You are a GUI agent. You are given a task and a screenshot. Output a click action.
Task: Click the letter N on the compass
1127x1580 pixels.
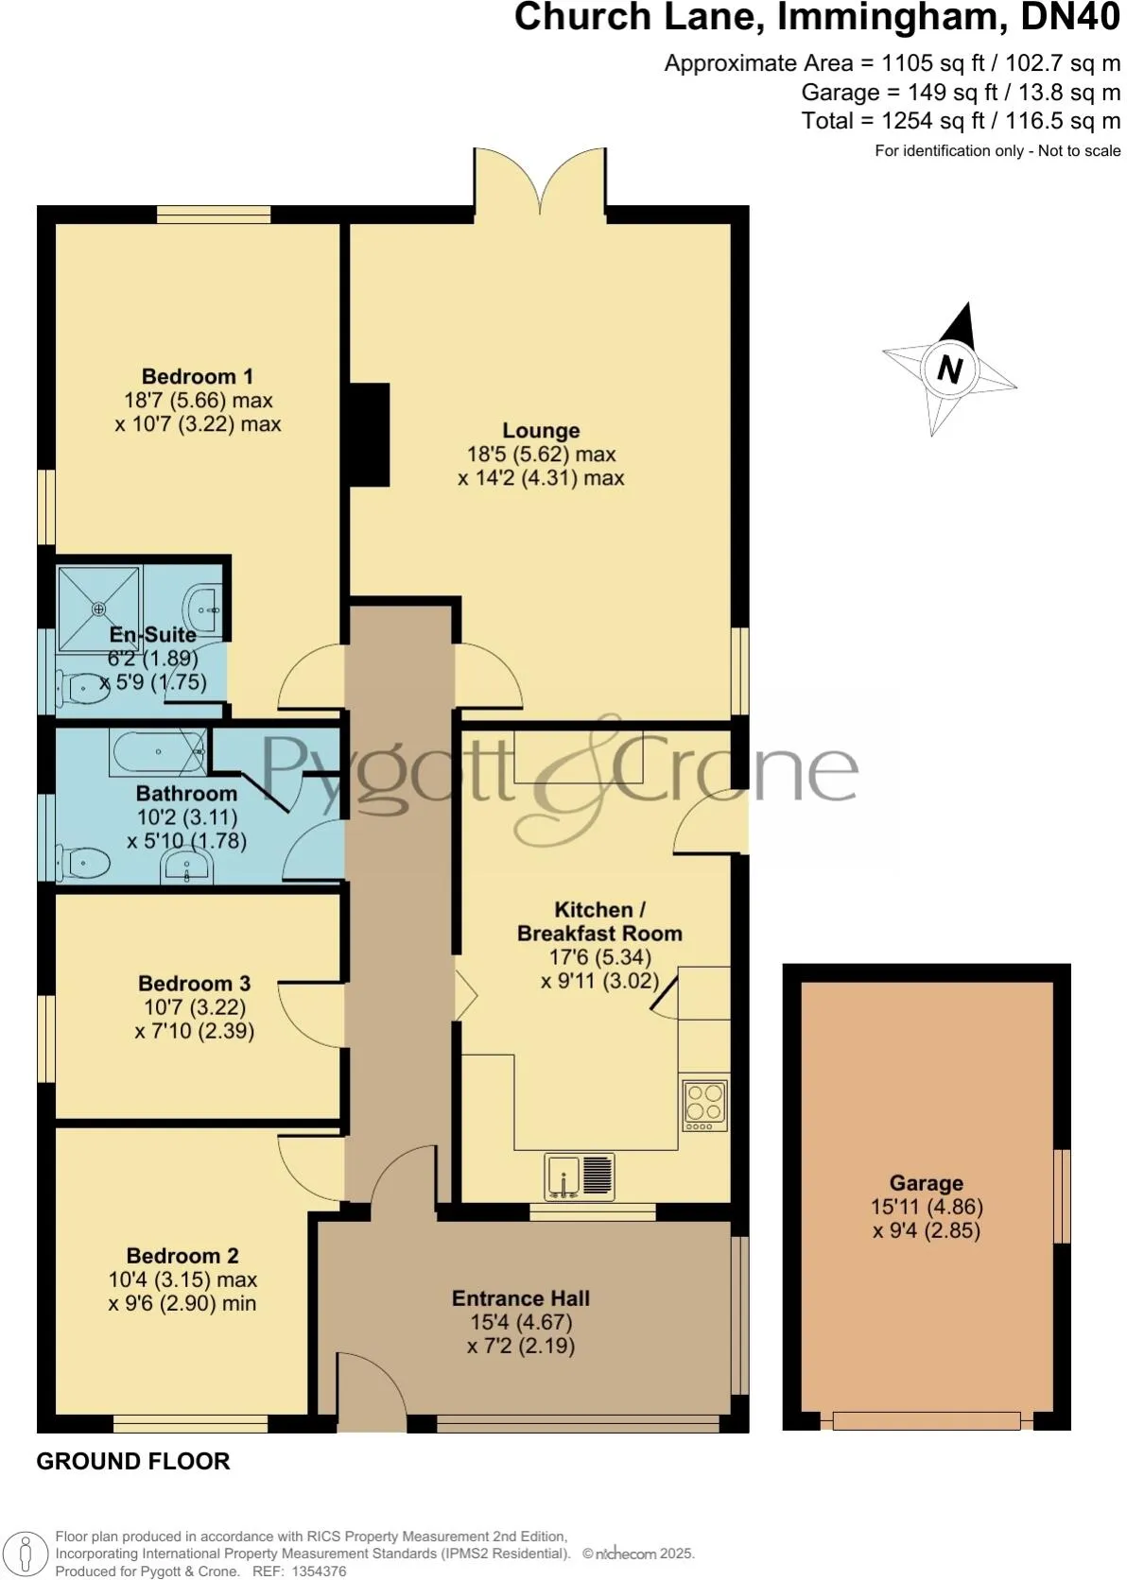[x=949, y=369]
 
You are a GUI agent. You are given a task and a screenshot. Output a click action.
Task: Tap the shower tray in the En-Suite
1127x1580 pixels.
[x=98, y=609]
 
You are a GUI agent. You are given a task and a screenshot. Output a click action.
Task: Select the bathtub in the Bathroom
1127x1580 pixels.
[x=158, y=752]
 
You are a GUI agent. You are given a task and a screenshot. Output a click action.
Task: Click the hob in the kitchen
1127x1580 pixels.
[x=705, y=1105]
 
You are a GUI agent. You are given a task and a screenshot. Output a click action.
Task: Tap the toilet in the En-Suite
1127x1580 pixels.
[x=79, y=688]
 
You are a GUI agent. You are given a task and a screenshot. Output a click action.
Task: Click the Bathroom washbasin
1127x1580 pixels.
[x=187, y=867]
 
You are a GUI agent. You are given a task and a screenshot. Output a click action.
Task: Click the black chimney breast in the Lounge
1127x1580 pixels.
[x=370, y=434]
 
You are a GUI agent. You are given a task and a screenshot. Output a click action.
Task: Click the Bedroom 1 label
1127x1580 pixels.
[x=197, y=376]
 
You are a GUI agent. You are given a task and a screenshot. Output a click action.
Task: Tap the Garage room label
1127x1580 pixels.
[x=926, y=1183]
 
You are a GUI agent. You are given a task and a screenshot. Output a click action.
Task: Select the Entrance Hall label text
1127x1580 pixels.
[x=521, y=1298]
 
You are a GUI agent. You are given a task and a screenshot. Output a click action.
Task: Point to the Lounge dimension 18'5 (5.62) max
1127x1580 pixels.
[x=541, y=455]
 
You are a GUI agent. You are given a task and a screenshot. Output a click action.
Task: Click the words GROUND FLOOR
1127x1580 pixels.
[x=133, y=1461]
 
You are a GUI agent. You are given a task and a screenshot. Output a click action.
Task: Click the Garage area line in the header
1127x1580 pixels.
[x=961, y=93]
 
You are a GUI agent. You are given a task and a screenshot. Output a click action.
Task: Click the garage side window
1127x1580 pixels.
[x=1063, y=1195]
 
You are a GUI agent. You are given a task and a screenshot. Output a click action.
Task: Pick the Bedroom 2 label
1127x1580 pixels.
[x=182, y=1256]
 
